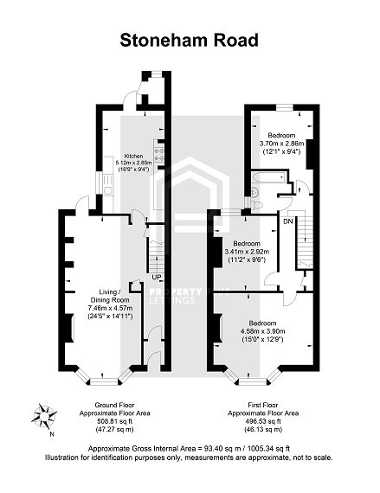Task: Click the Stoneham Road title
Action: click(x=189, y=40)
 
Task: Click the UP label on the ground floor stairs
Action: click(x=157, y=277)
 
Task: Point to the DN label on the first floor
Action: click(x=287, y=222)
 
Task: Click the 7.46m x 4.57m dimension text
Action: click(x=97, y=308)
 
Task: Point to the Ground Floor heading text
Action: click(x=122, y=405)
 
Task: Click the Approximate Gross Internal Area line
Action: click(x=189, y=447)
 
